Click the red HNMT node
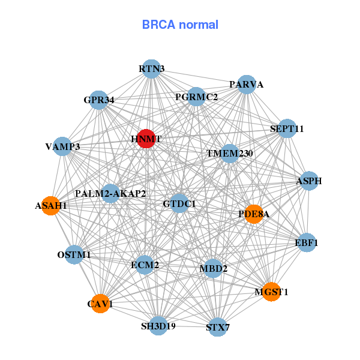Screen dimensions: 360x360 (146, 139)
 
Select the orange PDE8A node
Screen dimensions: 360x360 (254, 214)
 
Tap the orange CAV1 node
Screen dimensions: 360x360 (100, 304)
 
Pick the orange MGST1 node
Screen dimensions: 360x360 (271, 292)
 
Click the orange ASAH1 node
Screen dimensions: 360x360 (52, 206)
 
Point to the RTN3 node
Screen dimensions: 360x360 (152, 69)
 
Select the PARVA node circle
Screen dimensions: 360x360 (247, 85)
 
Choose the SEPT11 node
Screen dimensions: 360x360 (287, 128)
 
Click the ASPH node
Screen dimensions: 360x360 (309, 181)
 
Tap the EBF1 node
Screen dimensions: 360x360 (307, 243)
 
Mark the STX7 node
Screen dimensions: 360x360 (218, 327)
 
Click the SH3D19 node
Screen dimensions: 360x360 (158, 326)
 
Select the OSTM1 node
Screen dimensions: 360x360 (74, 255)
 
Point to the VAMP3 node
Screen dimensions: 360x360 (63, 146)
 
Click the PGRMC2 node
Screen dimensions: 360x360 (197, 97)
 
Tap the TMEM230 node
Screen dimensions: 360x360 (230, 154)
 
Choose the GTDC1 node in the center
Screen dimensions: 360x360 (179, 204)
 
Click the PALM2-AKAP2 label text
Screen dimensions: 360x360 (110, 193)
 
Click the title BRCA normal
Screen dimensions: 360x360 (180, 25)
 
